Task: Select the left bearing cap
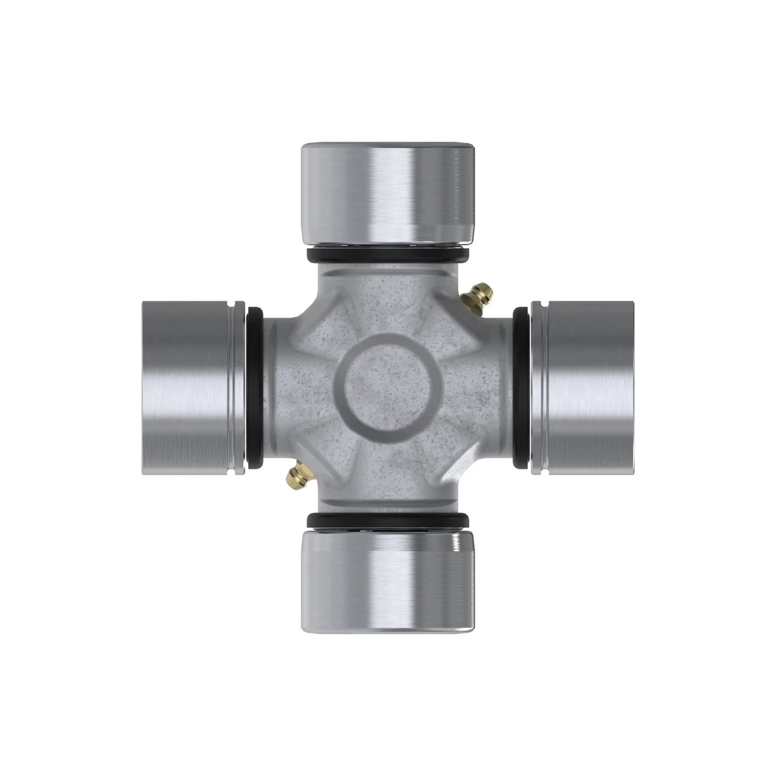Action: point(189,388)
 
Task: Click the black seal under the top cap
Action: point(388,255)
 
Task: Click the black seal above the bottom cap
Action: point(388,521)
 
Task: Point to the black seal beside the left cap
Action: point(255,388)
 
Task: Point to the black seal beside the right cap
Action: point(521,388)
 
